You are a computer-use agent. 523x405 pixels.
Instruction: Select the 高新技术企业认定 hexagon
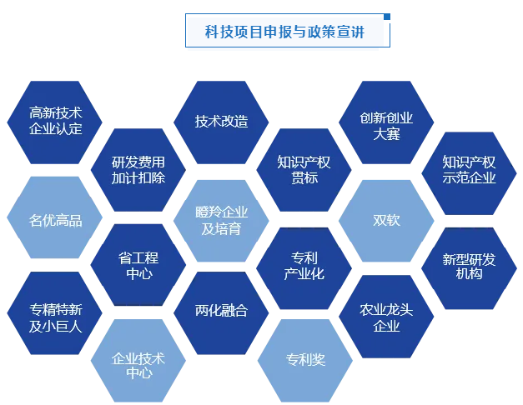[55, 121]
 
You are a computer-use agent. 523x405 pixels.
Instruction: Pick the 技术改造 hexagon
[222, 121]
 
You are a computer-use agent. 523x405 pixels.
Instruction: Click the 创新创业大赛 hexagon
[386, 125]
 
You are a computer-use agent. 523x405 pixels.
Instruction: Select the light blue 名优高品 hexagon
[55, 220]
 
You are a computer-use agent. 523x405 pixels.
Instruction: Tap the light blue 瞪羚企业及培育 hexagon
[221, 220]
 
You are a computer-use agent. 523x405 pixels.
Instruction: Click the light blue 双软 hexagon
[386, 220]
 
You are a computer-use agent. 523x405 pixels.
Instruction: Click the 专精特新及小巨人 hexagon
[55, 317]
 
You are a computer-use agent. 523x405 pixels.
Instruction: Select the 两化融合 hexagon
[222, 311]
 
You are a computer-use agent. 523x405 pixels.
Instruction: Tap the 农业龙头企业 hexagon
[386, 317]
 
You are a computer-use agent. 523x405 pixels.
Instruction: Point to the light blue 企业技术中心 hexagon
[138, 365]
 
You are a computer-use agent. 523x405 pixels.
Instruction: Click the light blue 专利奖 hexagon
[304, 360]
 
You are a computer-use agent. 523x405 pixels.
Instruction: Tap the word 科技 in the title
[218, 31]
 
